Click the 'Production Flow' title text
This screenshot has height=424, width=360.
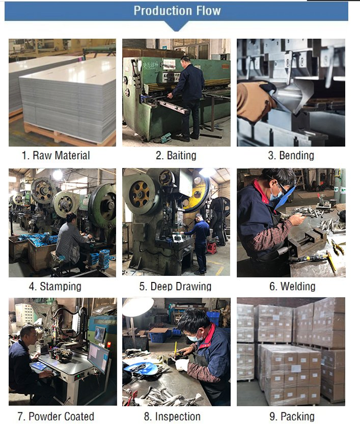coord(177,11)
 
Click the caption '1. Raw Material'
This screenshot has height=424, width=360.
coord(56,155)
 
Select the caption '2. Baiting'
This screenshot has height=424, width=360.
coord(176,155)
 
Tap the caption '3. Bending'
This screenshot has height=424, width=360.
coord(291,155)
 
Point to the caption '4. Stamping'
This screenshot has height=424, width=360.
coord(55,287)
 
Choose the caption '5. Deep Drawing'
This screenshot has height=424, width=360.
coord(175,287)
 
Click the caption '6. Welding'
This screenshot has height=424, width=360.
coord(292,287)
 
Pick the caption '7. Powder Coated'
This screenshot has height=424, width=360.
coord(56,416)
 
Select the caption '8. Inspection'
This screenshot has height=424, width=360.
coord(172,416)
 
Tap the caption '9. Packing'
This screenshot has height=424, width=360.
coord(292,416)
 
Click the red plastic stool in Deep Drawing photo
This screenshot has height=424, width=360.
coord(212,248)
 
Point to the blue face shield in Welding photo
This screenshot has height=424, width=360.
coord(285,197)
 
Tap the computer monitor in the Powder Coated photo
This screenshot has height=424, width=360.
coord(98,357)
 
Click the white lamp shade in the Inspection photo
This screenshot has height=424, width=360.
coord(138,306)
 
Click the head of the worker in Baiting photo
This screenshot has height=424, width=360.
coord(186,60)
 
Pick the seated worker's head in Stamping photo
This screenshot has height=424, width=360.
coord(71,217)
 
